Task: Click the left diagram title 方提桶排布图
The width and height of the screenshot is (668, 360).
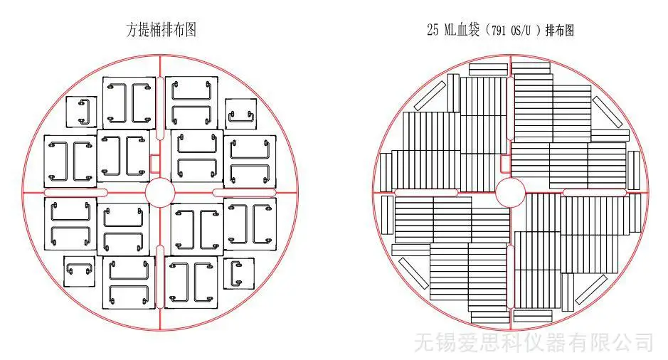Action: click(161, 30)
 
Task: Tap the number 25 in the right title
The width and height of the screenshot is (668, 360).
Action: click(433, 30)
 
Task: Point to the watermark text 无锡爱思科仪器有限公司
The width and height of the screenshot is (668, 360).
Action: click(534, 342)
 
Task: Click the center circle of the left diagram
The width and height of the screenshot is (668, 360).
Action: click(160, 193)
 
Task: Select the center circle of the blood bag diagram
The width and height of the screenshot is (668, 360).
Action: click(510, 193)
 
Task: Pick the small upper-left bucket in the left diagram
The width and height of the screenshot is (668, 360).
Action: click(81, 112)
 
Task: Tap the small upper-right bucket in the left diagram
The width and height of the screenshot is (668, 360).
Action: click(241, 114)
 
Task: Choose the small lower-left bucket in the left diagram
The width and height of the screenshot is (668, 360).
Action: click(79, 271)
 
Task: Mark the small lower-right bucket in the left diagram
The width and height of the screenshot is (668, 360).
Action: click(239, 273)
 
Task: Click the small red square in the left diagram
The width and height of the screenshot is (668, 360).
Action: click(155, 163)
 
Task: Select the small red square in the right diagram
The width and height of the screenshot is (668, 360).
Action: click(505, 164)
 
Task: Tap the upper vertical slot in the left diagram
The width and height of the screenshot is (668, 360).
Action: click(160, 108)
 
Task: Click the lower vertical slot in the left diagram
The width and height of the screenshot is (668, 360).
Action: click(160, 277)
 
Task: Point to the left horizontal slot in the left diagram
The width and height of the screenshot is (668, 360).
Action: click(76, 193)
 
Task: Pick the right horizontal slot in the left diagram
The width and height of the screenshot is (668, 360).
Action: click(244, 193)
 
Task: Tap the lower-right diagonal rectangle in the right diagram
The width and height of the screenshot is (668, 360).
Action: click(591, 290)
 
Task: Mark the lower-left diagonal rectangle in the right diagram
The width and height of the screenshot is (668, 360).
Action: click(413, 273)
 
